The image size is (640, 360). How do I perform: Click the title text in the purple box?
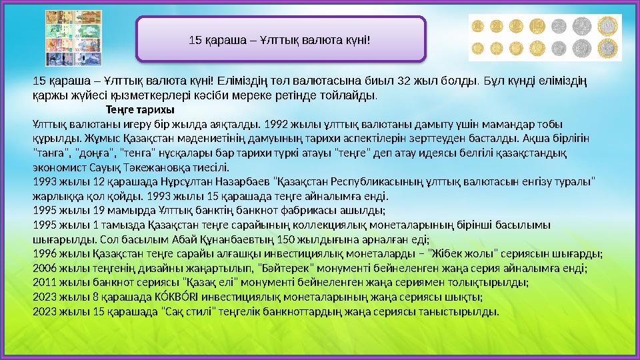280,40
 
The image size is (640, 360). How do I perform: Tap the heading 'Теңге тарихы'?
141,109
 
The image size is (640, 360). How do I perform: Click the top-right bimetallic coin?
609,27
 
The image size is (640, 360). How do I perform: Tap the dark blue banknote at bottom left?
55,59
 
